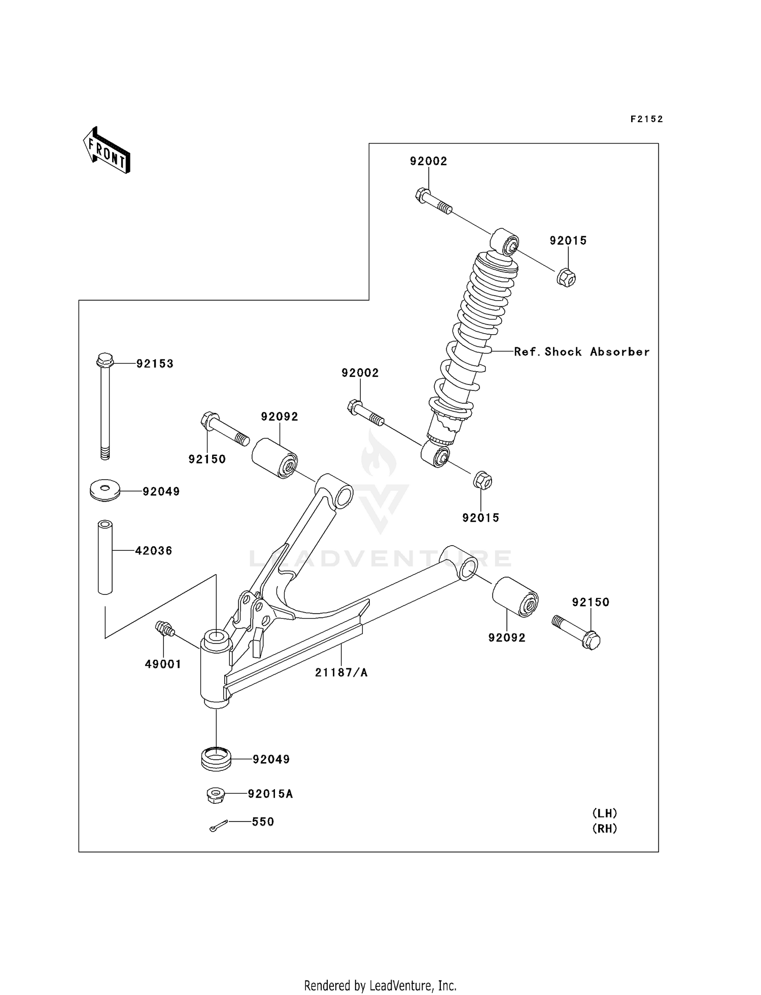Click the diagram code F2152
click(646, 119)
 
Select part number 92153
click(155, 364)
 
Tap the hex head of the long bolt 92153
click(105, 360)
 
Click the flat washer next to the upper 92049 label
click(105, 490)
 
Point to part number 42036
click(153, 551)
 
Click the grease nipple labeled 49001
click(164, 629)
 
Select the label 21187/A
click(341, 672)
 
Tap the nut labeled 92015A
click(216, 795)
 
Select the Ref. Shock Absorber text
click(581, 351)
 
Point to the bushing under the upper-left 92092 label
click(274, 458)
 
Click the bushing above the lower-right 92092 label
click(515, 597)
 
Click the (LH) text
click(605, 813)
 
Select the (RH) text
click(605, 829)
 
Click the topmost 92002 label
click(428, 161)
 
